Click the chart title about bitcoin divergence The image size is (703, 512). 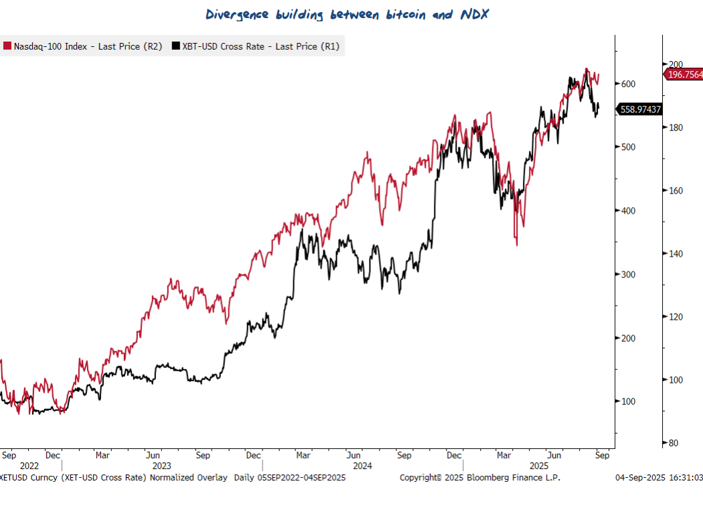[347, 15]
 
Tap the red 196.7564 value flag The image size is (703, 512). [684, 74]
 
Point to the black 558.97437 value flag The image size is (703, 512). [641, 109]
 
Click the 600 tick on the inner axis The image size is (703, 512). [627, 84]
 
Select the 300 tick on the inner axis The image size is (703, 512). [627, 275]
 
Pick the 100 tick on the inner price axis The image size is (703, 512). [627, 401]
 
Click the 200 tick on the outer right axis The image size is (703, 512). [676, 64]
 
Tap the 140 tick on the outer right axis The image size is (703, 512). [676, 254]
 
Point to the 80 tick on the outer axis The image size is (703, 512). [674, 443]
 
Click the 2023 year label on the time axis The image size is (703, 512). [161, 466]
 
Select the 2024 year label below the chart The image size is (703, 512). [362, 466]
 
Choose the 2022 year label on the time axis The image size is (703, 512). [29, 466]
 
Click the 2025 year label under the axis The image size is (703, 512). [539, 466]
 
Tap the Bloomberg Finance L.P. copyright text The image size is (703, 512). [480, 478]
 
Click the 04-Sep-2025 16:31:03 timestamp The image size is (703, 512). [659, 478]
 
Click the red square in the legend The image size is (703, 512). [7, 46]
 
